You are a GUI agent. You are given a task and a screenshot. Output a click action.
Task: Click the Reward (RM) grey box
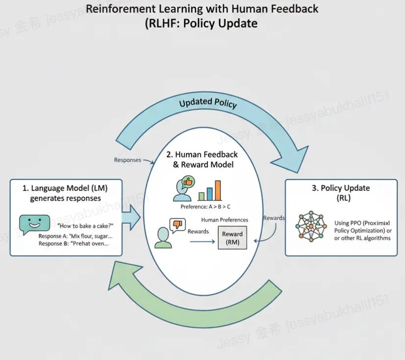tap(232, 238)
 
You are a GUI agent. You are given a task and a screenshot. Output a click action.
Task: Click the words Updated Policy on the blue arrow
tap(207, 103)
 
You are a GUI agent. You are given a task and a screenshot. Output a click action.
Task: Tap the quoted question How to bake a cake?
tap(86, 227)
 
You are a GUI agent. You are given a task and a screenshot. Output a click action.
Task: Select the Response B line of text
tap(74, 244)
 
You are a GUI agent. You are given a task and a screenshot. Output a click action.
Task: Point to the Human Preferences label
tap(225, 220)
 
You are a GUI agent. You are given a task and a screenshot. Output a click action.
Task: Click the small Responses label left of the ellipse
tap(127, 160)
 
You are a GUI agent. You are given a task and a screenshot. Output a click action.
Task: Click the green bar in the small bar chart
tap(201, 196)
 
